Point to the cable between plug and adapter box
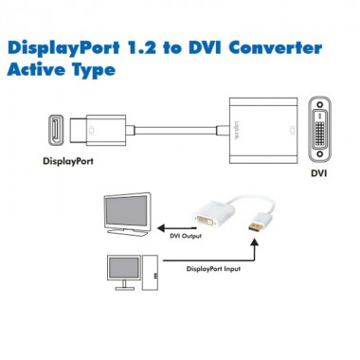click(x=171, y=126)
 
